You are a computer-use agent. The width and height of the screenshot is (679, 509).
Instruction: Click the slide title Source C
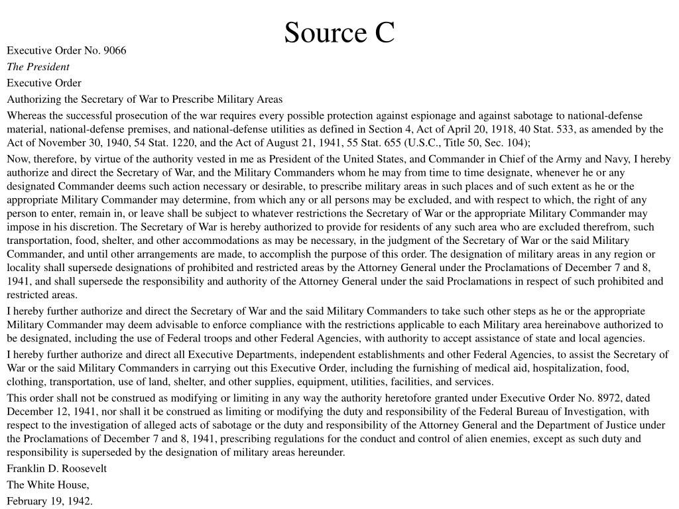339,32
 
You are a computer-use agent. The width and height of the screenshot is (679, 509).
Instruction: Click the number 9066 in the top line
115,50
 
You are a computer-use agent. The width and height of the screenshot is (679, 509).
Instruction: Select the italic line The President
38,66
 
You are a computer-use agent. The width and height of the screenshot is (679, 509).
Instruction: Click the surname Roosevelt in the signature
82,469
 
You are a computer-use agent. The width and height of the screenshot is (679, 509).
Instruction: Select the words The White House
48,484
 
